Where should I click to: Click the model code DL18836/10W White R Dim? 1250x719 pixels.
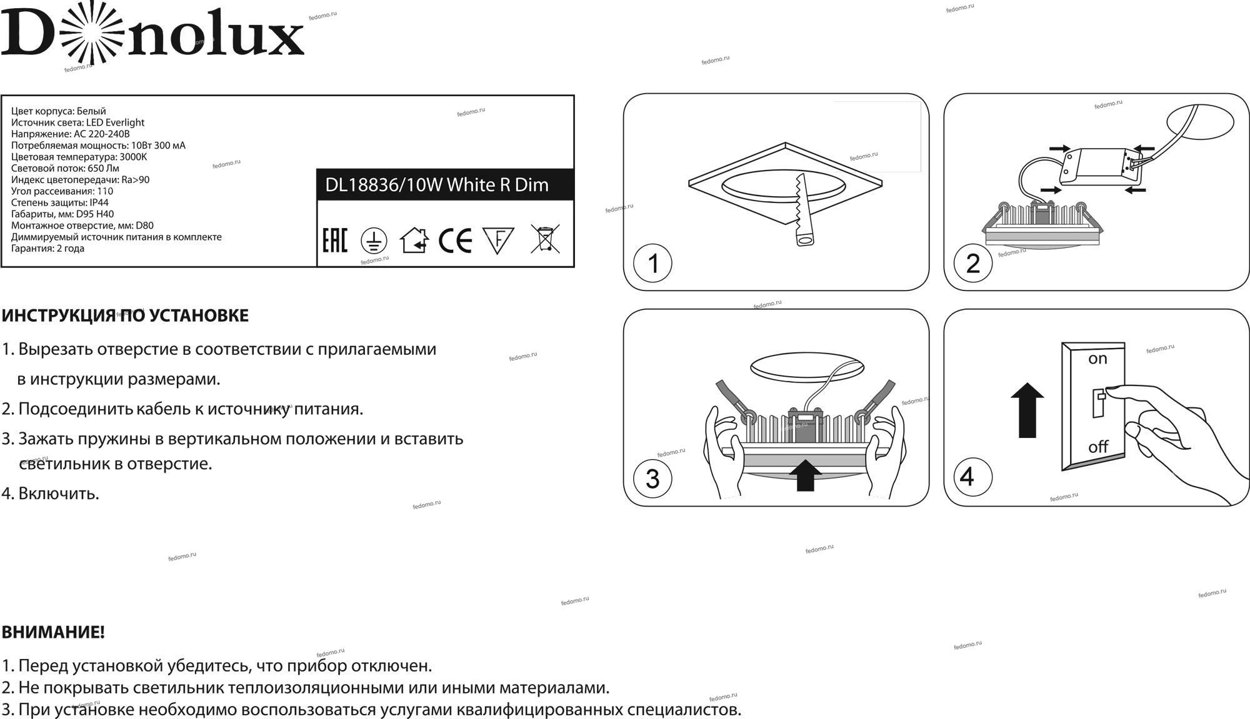pyautogui.click(x=437, y=185)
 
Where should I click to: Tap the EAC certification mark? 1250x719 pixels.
pyautogui.click(x=334, y=240)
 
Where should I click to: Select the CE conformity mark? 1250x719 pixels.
pyautogui.click(x=455, y=240)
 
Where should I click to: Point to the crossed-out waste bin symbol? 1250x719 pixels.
pyautogui.click(x=545, y=239)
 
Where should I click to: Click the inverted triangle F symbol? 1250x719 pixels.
pyautogui.click(x=498, y=240)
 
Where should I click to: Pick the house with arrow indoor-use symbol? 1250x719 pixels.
pyautogui.click(x=414, y=240)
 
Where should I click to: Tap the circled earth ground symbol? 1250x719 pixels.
pyautogui.click(x=374, y=241)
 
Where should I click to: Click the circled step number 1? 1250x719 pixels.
pyautogui.click(x=652, y=263)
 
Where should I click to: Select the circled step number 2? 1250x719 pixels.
pyautogui.click(x=972, y=263)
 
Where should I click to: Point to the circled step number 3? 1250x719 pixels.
pyautogui.click(x=652, y=479)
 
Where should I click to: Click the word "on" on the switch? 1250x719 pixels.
pyautogui.click(x=1097, y=359)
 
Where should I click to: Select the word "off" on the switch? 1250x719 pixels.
pyautogui.click(x=1098, y=447)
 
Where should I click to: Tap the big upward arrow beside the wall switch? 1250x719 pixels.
pyautogui.click(x=1027, y=410)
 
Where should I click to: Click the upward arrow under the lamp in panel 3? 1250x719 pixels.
pyautogui.click(x=806, y=475)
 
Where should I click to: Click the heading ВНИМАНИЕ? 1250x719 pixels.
pyautogui.click(x=53, y=632)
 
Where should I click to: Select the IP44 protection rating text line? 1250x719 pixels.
pyautogui.click(x=60, y=202)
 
